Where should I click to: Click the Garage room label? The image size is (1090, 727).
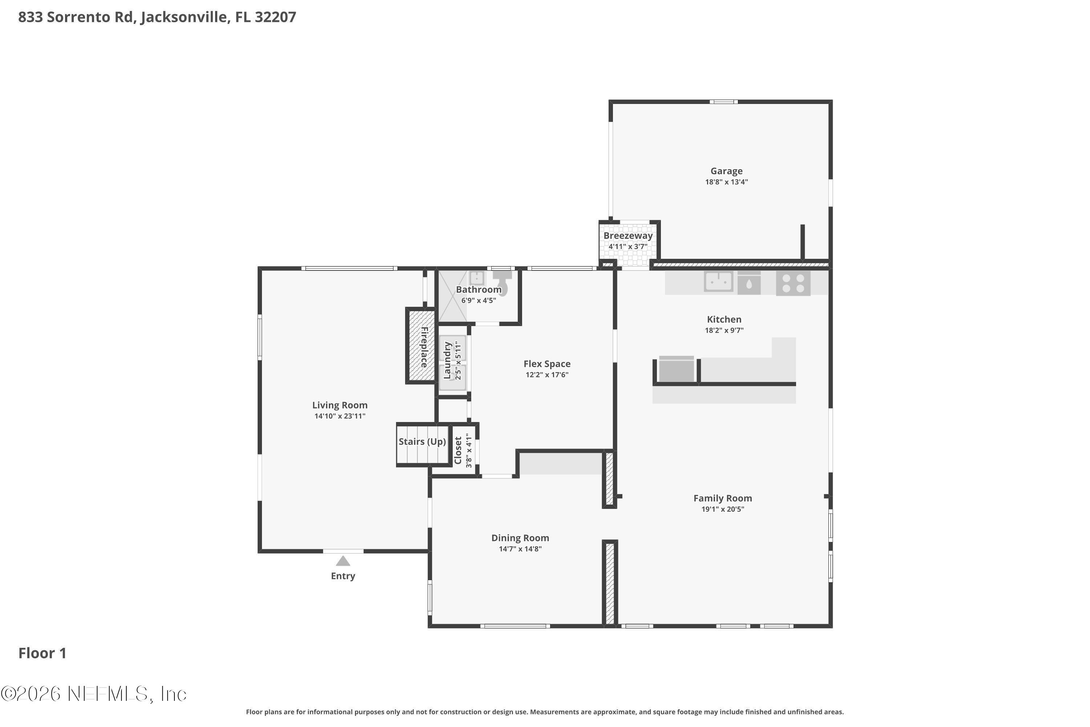click(x=726, y=171)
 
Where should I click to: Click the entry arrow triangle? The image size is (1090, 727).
click(x=343, y=562)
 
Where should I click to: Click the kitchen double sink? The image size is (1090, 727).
click(x=718, y=281)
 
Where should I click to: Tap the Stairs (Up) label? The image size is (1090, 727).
click(x=422, y=441)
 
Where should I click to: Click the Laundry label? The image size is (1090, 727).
click(x=447, y=360)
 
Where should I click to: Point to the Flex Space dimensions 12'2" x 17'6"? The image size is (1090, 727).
click(x=547, y=375)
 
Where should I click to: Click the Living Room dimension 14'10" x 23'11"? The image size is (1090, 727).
click(x=340, y=416)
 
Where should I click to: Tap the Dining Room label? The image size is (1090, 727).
click(x=520, y=538)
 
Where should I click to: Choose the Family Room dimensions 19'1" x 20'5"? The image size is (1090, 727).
click(x=723, y=509)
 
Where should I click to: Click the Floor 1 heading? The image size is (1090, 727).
click(x=43, y=653)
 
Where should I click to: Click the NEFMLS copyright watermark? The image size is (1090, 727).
click(x=94, y=694)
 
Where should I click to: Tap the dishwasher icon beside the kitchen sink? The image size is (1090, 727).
click(x=749, y=283)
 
